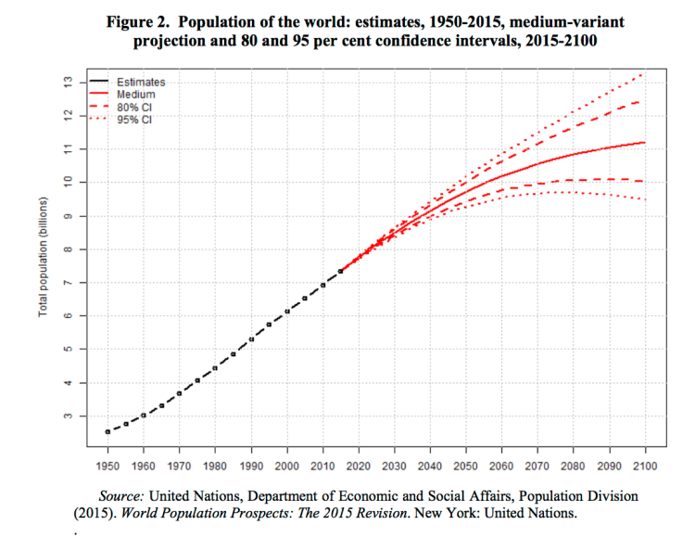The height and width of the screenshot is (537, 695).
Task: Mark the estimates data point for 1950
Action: tap(107, 431)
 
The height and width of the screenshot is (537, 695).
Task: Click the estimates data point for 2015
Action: tap(340, 271)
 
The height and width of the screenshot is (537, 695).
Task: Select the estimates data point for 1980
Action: tap(215, 368)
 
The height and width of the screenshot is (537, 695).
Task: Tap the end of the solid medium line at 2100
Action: tap(644, 142)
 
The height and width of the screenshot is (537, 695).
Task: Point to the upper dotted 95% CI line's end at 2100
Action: tap(643, 72)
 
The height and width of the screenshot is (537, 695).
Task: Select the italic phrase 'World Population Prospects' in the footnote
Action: tap(218, 512)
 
